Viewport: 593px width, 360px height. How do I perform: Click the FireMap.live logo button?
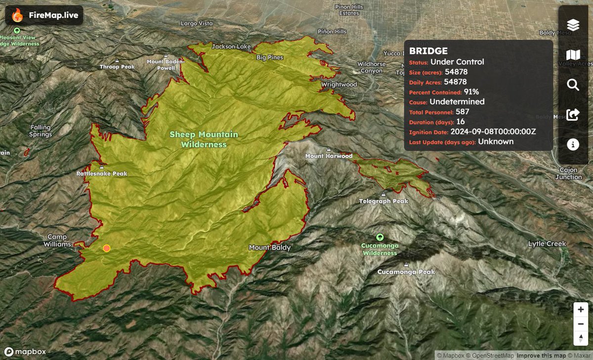[x=44, y=15]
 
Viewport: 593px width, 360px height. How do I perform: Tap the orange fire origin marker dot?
[x=106, y=248]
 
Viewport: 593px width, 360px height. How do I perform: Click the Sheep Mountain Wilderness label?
[x=204, y=139]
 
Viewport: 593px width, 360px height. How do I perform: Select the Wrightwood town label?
[x=339, y=85]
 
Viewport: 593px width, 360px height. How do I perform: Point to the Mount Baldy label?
[x=270, y=247]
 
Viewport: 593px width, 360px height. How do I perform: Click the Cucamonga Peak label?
[x=406, y=272]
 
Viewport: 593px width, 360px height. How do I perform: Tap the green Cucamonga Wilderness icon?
[x=380, y=237]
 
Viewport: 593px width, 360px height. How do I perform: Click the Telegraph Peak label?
[x=384, y=201]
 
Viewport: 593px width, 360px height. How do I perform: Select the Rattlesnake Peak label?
[x=102, y=174]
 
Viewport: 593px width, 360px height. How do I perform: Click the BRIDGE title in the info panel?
[x=428, y=51]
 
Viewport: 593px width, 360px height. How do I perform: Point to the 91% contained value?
[x=471, y=91]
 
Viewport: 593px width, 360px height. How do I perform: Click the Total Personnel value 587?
[x=462, y=112]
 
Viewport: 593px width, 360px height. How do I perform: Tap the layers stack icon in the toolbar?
[x=573, y=25]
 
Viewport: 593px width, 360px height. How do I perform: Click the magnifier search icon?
[x=573, y=85]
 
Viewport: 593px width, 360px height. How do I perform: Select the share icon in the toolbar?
[x=573, y=115]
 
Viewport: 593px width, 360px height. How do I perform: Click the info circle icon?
[x=573, y=144]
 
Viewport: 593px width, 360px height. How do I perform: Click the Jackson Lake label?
[x=231, y=46]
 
